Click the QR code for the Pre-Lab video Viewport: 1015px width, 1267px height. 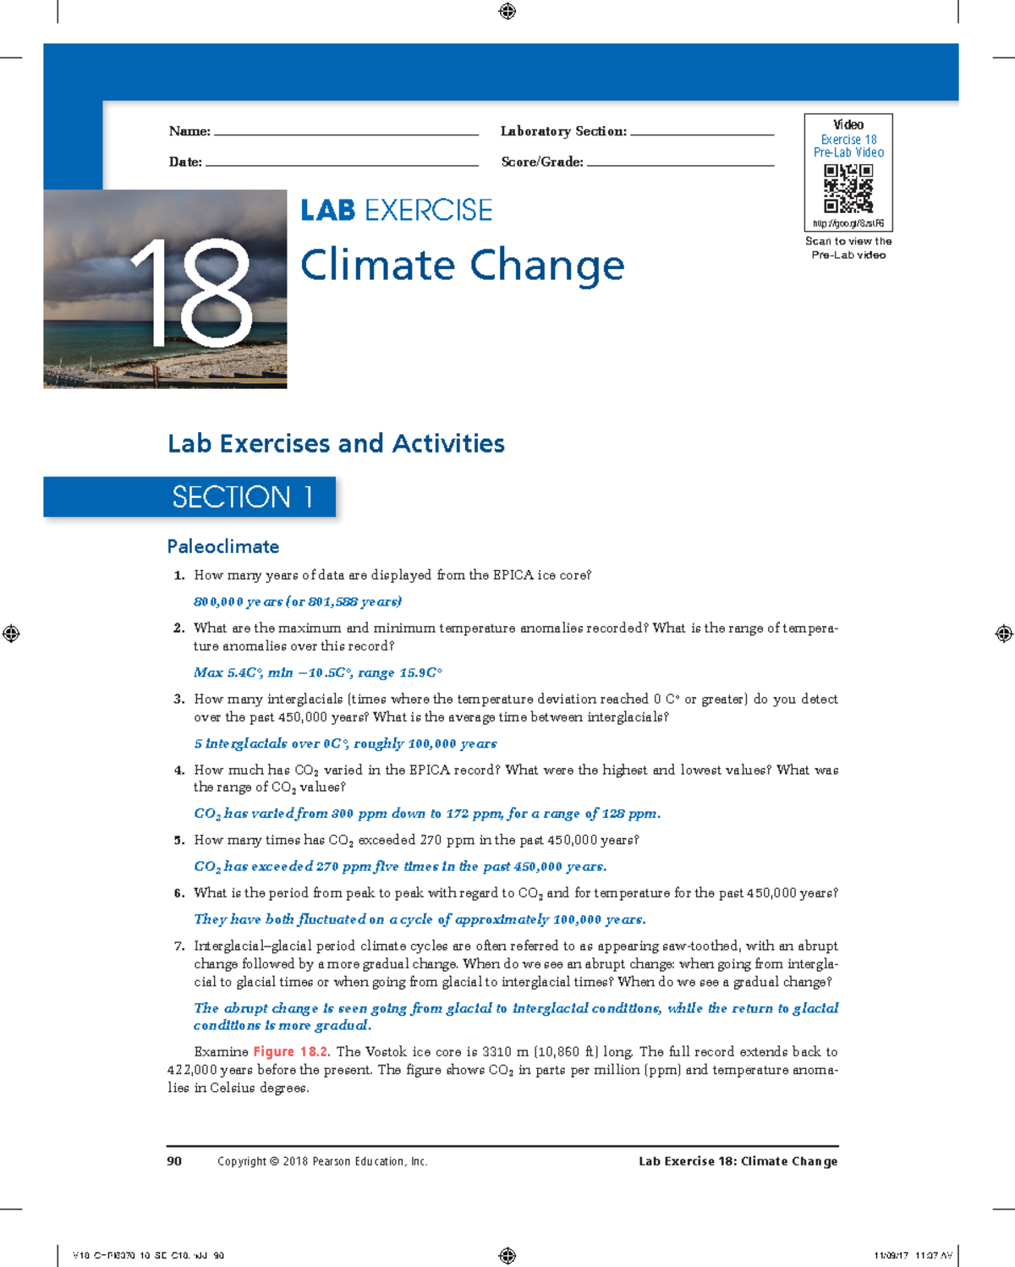[848, 189]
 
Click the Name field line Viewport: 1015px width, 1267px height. [346, 134]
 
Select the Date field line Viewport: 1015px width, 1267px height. [342, 164]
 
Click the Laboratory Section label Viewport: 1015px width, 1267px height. [563, 131]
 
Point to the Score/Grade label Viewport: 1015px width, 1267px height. [542, 162]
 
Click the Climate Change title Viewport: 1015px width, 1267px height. [462, 266]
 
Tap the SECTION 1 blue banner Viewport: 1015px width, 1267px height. [190, 496]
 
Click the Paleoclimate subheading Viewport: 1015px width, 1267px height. [223, 546]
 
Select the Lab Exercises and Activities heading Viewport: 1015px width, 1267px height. [336, 443]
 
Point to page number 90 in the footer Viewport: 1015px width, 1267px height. [174, 1161]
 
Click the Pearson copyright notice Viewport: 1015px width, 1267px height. [322, 1161]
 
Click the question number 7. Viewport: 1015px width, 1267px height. [178, 946]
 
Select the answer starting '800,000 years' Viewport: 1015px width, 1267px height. [298, 601]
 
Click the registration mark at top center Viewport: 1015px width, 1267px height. [507, 11]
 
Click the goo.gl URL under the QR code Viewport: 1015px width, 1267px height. [848, 223]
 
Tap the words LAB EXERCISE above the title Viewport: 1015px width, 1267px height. [396, 211]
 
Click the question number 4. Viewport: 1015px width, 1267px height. [178, 770]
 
